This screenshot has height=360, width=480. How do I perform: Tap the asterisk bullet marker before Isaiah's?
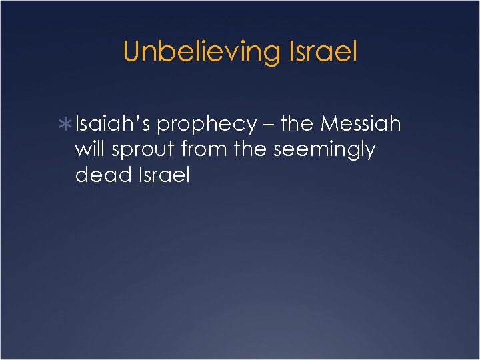(67, 125)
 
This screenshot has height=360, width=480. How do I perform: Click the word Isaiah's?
(113, 124)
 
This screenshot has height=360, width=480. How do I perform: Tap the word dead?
(95, 175)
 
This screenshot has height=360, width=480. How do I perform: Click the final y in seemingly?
(370, 153)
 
